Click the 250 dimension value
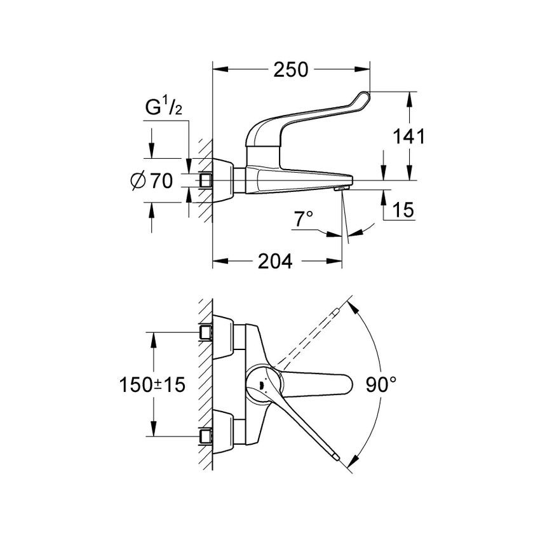coord(290,69)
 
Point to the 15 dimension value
coord(403,210)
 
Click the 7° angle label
coord(304,220)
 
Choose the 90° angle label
coord(381,384)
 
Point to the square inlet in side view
coord(205,180)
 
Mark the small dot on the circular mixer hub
coord(260,384)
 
